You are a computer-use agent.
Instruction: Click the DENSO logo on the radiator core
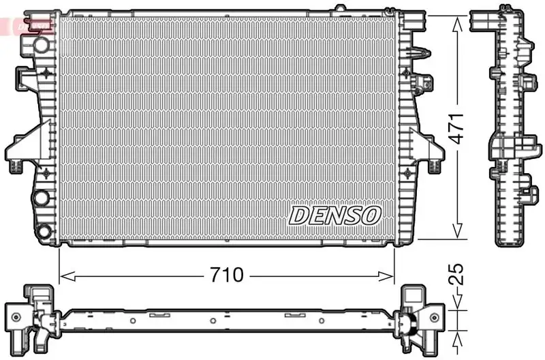[x=334, y=215]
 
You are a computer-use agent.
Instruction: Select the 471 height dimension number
[x=458, y=127]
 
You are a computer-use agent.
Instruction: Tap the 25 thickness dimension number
[x=458, y=274]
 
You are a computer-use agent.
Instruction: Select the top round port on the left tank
[x=42, y=45]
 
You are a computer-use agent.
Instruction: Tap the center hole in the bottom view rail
[x=213, y=320]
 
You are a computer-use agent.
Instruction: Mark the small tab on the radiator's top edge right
[x=338, y=9]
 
